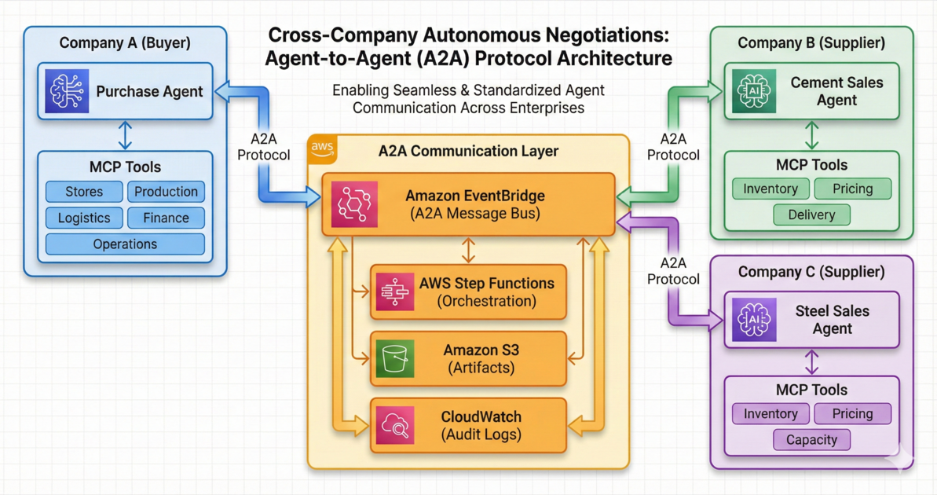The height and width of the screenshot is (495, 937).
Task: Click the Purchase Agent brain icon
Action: [67, 91]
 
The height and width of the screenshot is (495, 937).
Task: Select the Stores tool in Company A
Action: [84, 192]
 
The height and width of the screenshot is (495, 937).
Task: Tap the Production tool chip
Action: [166, 192]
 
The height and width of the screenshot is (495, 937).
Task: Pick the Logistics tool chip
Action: [84, 218]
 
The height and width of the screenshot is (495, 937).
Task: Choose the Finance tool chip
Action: [166, 218]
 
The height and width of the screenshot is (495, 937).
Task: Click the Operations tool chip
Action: [125, 244]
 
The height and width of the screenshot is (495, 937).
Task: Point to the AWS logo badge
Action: [323, 148]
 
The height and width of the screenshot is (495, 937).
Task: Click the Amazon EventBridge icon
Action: [354, 204]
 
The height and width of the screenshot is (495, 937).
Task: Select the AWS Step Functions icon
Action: [394, 291]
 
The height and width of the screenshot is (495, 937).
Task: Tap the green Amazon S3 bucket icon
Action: [394, 358]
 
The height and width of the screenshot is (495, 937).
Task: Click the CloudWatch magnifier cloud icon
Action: [394, 425]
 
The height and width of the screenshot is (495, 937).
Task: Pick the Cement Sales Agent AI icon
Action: [754, 91]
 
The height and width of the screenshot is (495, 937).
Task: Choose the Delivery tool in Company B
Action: [811, 214]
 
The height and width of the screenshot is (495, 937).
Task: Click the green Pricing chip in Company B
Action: [852, 189]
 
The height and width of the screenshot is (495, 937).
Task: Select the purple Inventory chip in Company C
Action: [770, 414]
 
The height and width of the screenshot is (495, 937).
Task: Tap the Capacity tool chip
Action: [811, 440]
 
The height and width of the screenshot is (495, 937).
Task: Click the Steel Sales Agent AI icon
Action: [754, 320]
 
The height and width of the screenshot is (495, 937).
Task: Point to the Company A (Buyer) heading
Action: [125, 42]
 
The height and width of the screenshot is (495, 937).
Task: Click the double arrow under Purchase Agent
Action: [125, 135]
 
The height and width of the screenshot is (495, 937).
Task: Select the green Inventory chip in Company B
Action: [770, 189]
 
